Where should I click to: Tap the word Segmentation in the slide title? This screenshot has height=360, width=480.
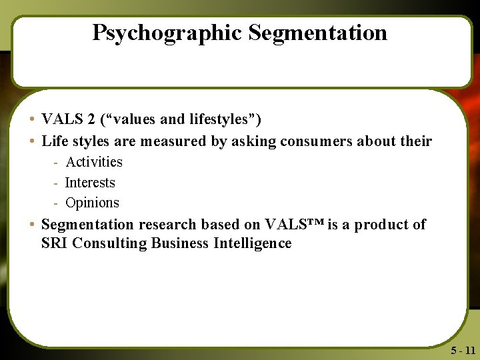pos(318,33)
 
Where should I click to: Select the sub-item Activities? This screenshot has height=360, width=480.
pos(94,162)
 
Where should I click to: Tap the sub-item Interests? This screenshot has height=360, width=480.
pos(90,183)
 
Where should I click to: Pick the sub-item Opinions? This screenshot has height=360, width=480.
pos(92,203)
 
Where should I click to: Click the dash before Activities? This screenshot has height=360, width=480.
pos(57,163)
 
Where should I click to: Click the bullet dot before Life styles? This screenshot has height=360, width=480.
pos(32,141)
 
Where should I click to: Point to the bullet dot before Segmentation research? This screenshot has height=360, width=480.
pos(32,225)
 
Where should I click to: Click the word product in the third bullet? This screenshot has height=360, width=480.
pos(381,225)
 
